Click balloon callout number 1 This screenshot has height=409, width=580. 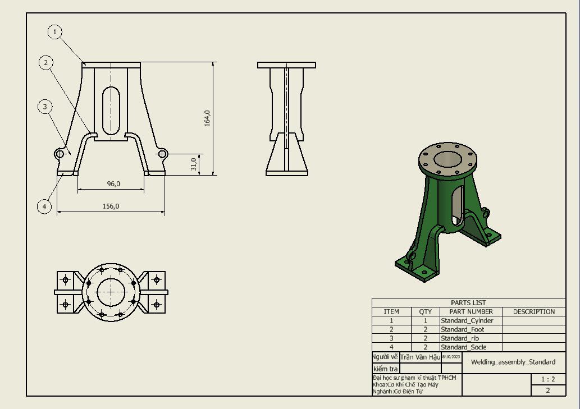coord(55,32)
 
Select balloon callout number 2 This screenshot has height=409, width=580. coord(46,62)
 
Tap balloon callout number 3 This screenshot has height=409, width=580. coord(45,106)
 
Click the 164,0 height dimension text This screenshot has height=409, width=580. coord(207,118)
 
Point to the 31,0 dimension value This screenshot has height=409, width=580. coord(194,164)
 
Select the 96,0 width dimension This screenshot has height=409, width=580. coord(113,183)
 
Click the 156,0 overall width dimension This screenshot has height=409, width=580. coord(111,206)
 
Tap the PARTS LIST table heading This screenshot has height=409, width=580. coord(468,302)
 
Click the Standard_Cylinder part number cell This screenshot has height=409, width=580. coord(467,320)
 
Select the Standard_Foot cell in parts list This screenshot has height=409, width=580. coord(462,329)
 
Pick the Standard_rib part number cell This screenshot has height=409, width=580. coord(460,338)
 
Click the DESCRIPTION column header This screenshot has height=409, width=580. coord(533,311)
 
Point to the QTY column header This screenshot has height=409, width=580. coord(426,311)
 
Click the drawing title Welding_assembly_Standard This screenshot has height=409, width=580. coord(513,362)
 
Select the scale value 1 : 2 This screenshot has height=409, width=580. coord(548,379)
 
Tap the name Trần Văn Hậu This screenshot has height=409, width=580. coord(420,357)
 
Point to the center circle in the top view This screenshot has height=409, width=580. coord(111,291)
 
